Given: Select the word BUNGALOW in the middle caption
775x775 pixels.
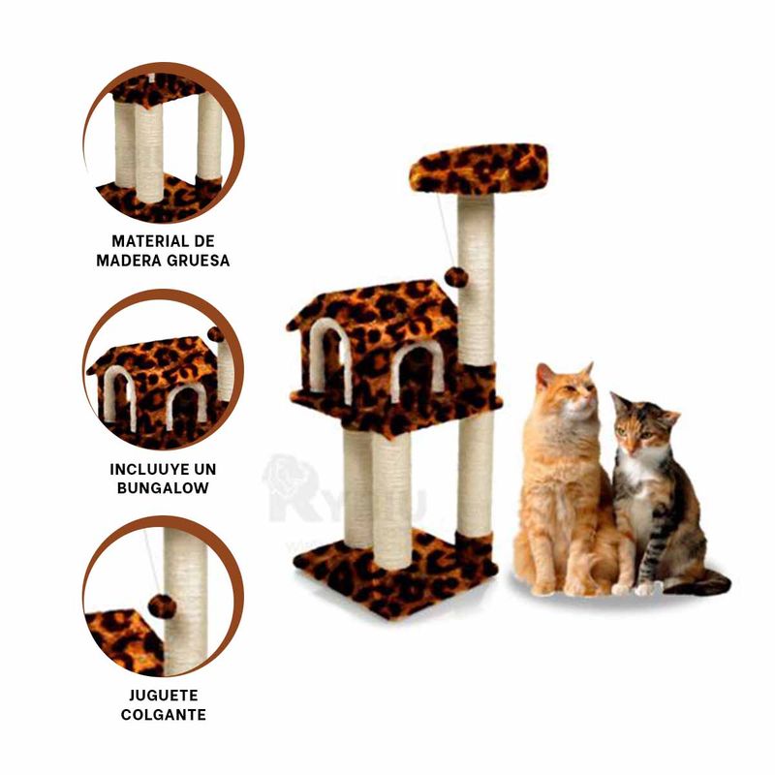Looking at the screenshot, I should pyautogui.click(x=162, y=488).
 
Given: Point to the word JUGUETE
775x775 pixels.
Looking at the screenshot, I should pyautogui.click(x=163, y=696).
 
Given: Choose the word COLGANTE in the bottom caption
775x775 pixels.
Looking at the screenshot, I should pyautogui.click(x=163, y=715).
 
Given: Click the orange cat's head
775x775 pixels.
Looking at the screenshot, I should pyautogui.click(x=567, y=391).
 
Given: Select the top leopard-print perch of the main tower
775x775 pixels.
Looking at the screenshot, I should pyautogui.click(x=478, y=169).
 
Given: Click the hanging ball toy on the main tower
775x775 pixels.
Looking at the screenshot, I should pyautogui.click(x=455, y=277).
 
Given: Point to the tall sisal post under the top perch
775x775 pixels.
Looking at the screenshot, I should pyautogui.click(x=476, y=281).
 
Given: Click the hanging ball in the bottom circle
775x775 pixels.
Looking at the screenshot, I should pyautogui.click(x=162, y=606).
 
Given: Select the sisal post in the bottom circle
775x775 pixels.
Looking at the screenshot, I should pyautogui.click(x=186, y=601).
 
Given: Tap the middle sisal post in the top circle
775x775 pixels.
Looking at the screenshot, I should pyautogui.click(x=149, y=150).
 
